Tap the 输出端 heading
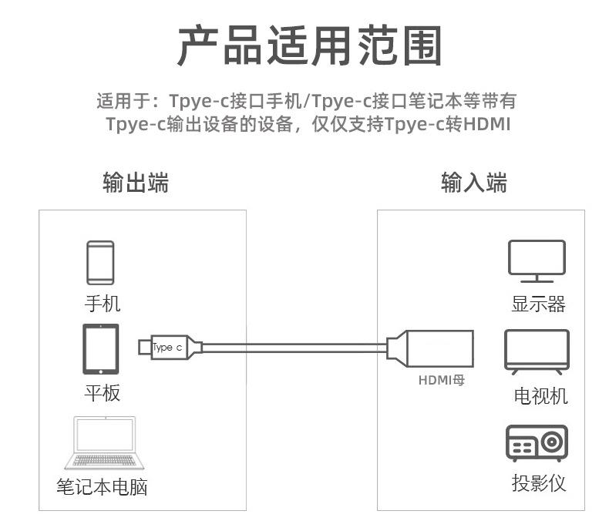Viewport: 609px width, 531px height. click(x=136, y=183)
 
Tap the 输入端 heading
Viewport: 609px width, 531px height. click(x=474, y=183)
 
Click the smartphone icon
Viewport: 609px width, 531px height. click(x=100, y=263)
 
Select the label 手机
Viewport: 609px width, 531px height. click(x=103, y=304)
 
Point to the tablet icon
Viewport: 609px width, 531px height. click(x=101, y=349)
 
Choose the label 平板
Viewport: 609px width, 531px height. click(x=103, y=393)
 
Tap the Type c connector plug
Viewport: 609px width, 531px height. click(x=170, y=347)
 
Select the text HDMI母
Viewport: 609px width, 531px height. click(x=442, y=381)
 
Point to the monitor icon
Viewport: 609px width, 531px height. click(x=537, y=261)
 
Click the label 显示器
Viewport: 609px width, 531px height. click(x=538, y=304)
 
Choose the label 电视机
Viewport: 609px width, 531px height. click(x=540, y=396)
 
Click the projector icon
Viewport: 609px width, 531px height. click(x=537, y=444)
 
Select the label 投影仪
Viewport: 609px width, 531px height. click(x=539, y=483)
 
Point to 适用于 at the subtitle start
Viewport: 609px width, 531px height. click(x=116, y=102)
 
